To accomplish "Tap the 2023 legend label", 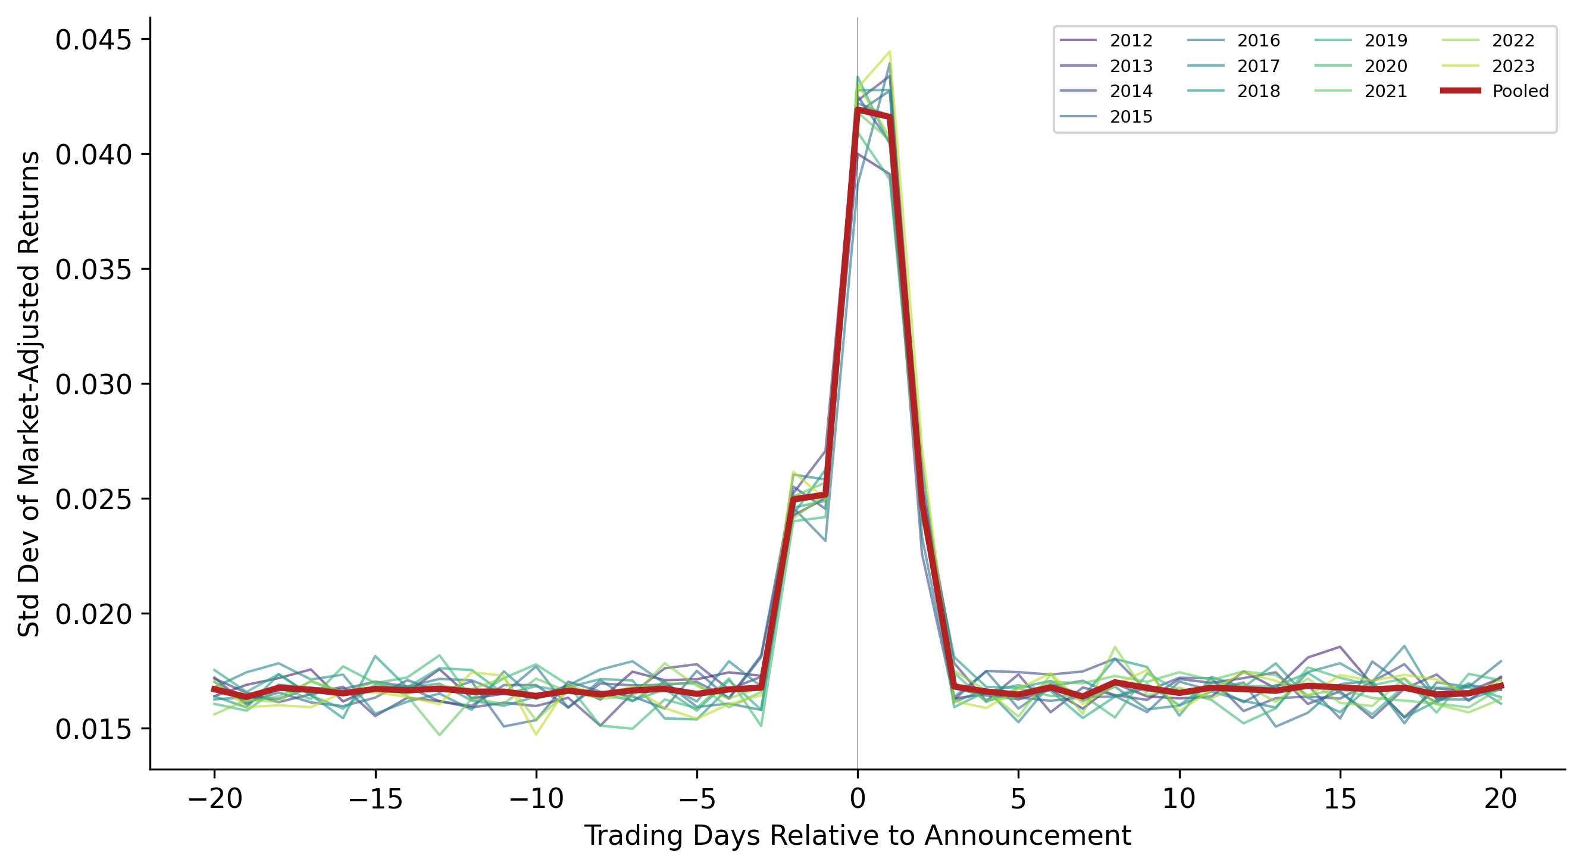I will (x=1513, y=65).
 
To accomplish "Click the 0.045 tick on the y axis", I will (x=93, y=40).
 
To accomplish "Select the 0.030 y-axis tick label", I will (x=93, y=385).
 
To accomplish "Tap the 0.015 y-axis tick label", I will (x=93, y=730).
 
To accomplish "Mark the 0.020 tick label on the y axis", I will (x=93, y=615).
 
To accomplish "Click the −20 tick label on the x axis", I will (x=214, y=799).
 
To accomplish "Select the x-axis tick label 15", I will (x=1340, y=799).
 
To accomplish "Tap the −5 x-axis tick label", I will (x=697, y=799).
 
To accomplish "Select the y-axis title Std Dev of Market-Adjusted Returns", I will (x=29, y=394).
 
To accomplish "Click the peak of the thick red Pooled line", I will (x=858, y=110).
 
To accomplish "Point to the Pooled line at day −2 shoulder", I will (x=794, y=499).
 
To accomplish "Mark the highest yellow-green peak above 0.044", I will (x=889, y=52).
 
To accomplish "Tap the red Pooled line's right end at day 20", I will (x=1501, y=685).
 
